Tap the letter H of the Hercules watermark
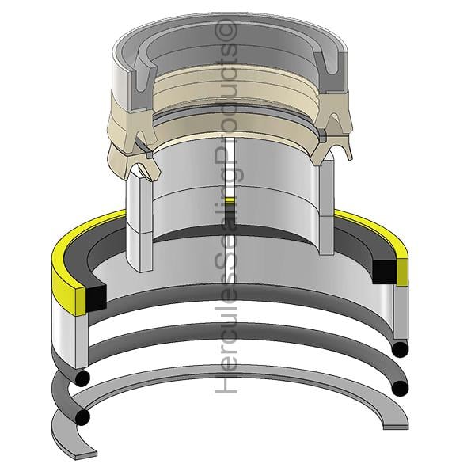point(226,385)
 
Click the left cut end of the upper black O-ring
point(82,378)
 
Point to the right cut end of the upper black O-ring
point(400,349)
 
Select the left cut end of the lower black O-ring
point(82,417)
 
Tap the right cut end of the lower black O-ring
point(400,388)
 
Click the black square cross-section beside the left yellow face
point(97,298)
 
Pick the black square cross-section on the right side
point(384,272)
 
